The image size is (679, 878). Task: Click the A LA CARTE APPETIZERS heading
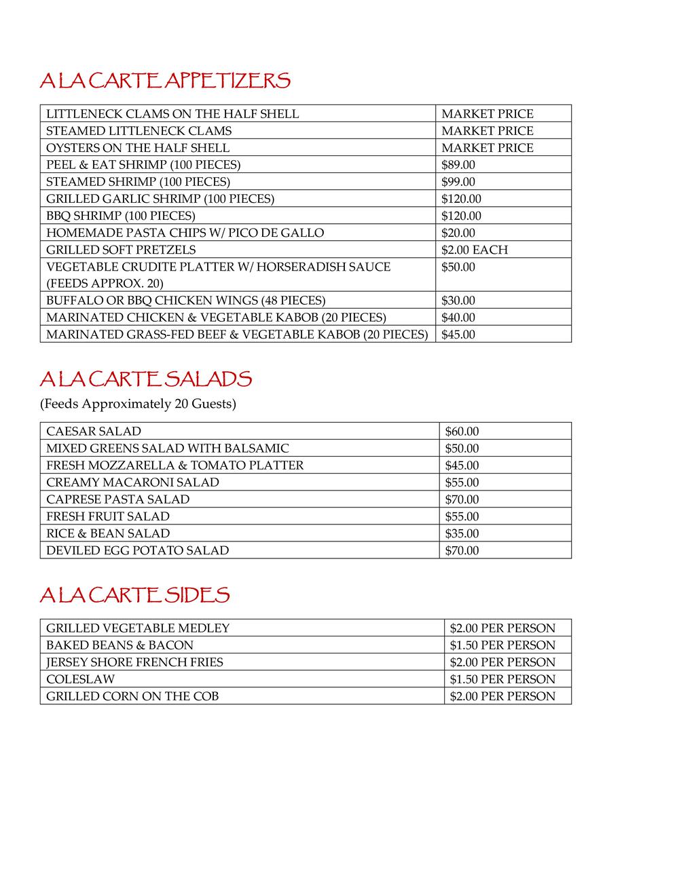pos(165,81)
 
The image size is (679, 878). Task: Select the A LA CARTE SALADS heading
pos(146,379)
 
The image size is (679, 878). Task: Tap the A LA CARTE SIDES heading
pos(134,596)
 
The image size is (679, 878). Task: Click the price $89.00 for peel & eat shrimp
pos(458,165)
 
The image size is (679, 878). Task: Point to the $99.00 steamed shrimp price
pos(458,182)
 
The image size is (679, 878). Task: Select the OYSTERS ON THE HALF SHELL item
pos(138,148)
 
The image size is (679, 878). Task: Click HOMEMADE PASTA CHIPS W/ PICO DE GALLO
pos(185,233)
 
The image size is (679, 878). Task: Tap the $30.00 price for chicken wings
pos(458,301)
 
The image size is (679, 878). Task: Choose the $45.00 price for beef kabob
pos(458,335)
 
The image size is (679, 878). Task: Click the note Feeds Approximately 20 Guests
pos(138,404)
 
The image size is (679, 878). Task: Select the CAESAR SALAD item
pos(94,432)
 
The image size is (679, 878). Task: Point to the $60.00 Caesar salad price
pos(462,432)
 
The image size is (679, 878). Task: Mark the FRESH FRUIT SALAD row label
pos(108,516)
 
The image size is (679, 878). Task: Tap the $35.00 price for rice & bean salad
pos(462,533)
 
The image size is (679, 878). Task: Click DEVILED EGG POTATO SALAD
pos(137,550)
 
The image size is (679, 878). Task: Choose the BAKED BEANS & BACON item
pos(120,645)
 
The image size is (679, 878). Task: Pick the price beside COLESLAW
pos(502,679)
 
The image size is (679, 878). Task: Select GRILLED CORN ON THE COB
pos(132,696)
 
